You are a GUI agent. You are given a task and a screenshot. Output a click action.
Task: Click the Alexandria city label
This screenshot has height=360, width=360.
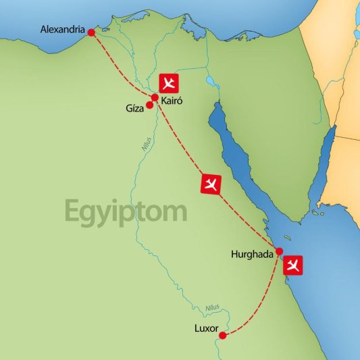pyautogui.click(x=63, y=30)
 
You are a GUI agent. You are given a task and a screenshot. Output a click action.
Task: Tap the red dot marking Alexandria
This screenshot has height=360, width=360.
pyautogui.click(x=91, y=32)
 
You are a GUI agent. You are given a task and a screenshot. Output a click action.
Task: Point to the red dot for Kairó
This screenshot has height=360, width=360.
pyautogui.click(x=155, y=97)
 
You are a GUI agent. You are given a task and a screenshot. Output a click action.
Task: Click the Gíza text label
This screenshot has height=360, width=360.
pyautogui.click(x=134, y=108)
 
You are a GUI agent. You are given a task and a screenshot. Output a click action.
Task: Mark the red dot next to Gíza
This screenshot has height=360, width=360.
pyautogui.click(x=150, y=105)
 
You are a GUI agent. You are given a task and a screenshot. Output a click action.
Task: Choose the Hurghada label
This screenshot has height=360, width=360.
pyautogui.click(x=251, y=255)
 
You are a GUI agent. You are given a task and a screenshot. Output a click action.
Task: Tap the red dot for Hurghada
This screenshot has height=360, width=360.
pyautogui.click(x=279, y=251)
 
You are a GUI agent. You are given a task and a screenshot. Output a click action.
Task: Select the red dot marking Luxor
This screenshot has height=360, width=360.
pyautogui.click(x=223, y=334)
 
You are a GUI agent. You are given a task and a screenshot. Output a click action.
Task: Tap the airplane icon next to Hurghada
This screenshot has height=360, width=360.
pyautogui.click(x=292, y=264)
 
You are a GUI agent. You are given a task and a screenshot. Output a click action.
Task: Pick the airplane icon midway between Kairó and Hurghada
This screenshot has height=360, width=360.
pyautogui.click(x=211, y=184)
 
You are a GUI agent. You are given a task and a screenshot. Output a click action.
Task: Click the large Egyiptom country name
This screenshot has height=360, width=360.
pyautogui.click(x=126, y=211)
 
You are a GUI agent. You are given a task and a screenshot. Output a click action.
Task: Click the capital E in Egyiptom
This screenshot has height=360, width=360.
pyautogui.click(x=73, y=211)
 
